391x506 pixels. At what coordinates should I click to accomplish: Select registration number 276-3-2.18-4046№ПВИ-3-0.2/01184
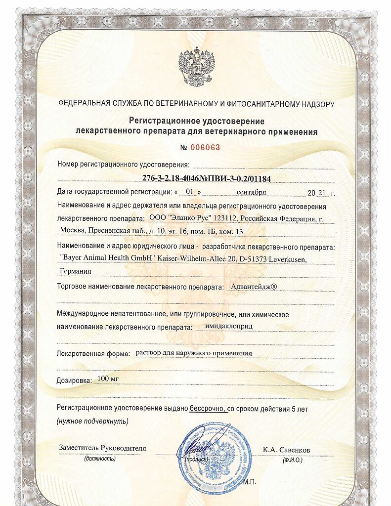(204, 178)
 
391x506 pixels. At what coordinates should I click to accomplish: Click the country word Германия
(75, 271)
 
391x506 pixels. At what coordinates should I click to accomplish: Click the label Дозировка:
(75, 380)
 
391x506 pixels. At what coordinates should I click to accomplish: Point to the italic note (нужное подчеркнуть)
(92, 421)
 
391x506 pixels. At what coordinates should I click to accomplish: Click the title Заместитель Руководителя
(102, 448)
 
